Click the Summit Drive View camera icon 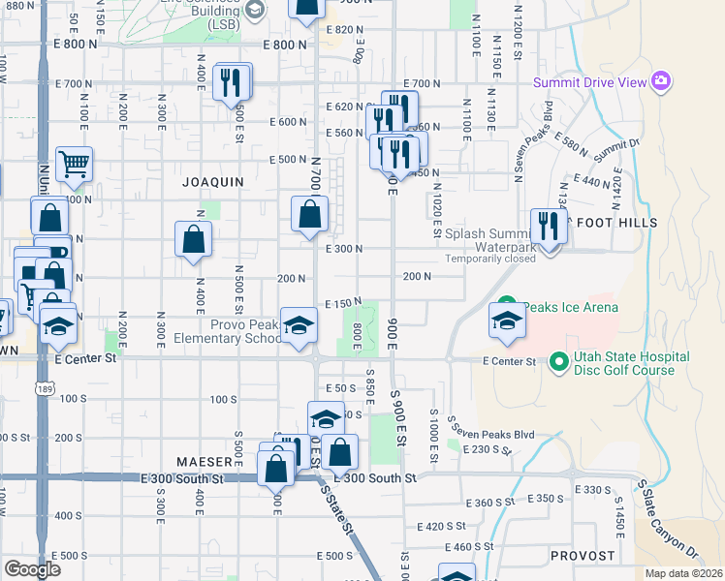pos(661,79)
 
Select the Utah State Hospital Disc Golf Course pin pos(558,363)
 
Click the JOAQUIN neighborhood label pos(211,181)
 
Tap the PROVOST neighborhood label pos(582,556)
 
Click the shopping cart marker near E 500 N pos(74,166)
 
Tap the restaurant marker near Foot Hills pos(550,228)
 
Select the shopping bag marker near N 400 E pos(194,240)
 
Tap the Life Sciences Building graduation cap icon pos(255,11)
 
